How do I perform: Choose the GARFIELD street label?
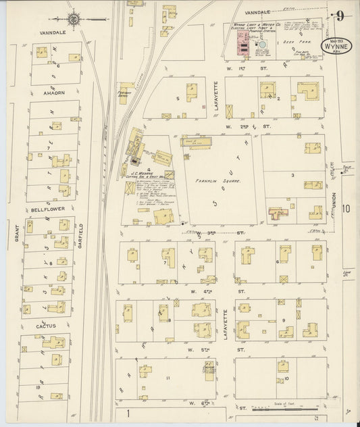[80, 234]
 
